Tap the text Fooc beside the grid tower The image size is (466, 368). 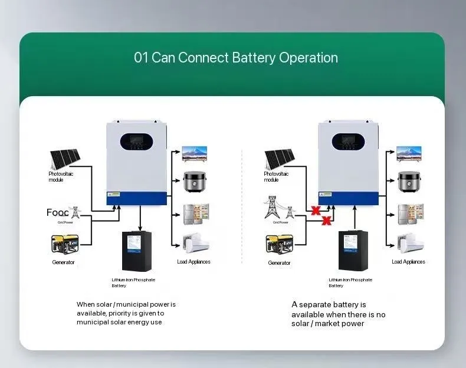pos(57,212)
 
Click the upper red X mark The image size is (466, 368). pos(316,211)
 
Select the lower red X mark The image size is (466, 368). pos(326,222)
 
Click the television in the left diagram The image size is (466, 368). pos(194,154)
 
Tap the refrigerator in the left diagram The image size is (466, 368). pos(194,213)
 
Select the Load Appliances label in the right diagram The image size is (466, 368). pos(408,262)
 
